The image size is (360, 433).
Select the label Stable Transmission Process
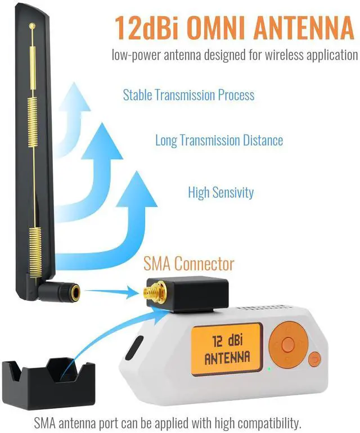coord(188,94)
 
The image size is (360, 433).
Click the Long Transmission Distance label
coord(219,140)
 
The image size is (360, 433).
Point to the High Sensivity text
coord(220,192)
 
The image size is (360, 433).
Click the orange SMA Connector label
coord(188,263)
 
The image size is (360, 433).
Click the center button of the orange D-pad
coord(287,342)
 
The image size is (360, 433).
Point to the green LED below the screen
coord(269,369)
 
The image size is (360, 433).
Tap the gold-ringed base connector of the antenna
coord(72,291)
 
